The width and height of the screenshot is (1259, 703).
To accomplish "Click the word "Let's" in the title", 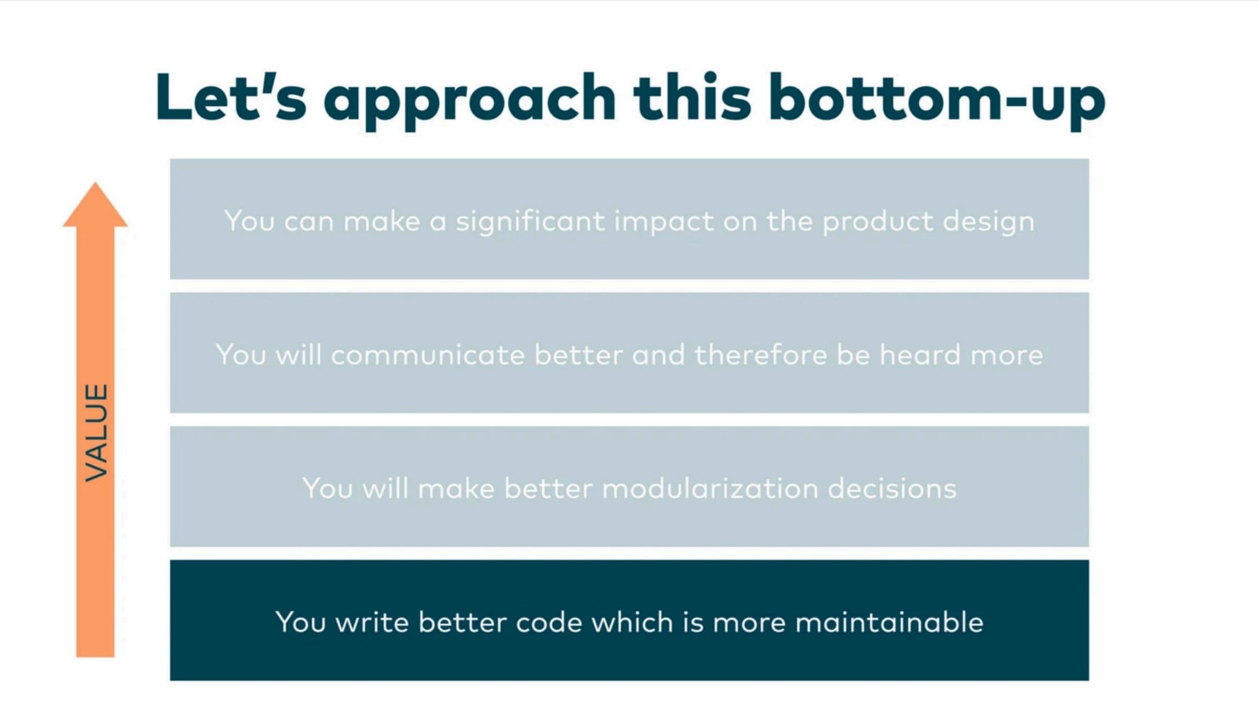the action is (231, 97).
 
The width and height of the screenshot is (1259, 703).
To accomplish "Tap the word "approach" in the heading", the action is (470, 101).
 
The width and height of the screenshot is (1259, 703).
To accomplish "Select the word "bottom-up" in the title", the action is (937, 101).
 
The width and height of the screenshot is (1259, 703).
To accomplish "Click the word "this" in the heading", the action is (692, 97).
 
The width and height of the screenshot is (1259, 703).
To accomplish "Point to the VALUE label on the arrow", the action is (96, 432).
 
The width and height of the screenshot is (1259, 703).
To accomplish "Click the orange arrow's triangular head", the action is (95, 204).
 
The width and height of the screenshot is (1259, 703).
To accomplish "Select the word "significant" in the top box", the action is (530, 222).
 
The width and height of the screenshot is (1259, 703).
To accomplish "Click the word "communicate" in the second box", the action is (428, 355).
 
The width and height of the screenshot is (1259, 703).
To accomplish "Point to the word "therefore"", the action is (761, 355).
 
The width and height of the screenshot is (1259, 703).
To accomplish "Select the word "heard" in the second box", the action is (920, 355).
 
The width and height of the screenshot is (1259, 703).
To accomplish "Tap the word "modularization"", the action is (710, 488).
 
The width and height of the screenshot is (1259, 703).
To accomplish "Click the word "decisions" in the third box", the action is (892, 488).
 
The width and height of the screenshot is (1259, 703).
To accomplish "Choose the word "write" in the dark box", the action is (372, 622).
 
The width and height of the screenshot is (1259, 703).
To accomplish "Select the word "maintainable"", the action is (889, 622).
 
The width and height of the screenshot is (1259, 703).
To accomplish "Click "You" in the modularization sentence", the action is (327, 488).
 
